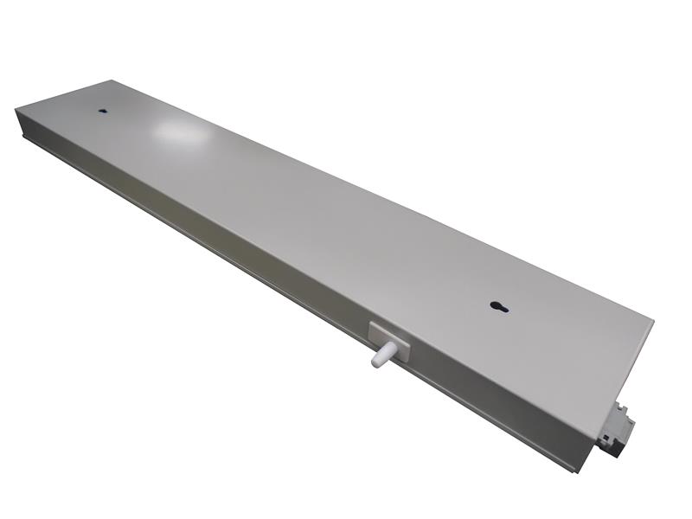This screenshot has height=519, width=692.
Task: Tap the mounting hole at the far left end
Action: [x=102, y=112]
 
